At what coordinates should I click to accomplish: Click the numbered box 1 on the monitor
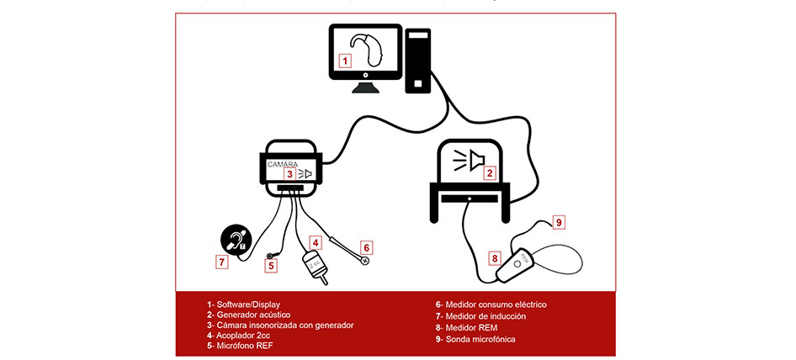(x=344, y=61)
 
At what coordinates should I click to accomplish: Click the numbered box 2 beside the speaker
(x=489, y=173)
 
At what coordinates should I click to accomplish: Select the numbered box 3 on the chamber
(x=289, y=174)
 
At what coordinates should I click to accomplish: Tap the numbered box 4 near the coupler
(x=315, y=241)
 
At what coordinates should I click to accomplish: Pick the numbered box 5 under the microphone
(x=271, y=266)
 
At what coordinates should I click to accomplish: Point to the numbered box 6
(x=366, y=247)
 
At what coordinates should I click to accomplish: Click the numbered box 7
(x=221, y=262)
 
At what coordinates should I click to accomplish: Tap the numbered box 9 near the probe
(x=558, y=222)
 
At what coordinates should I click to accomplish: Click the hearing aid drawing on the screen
(x=369, y=52)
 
